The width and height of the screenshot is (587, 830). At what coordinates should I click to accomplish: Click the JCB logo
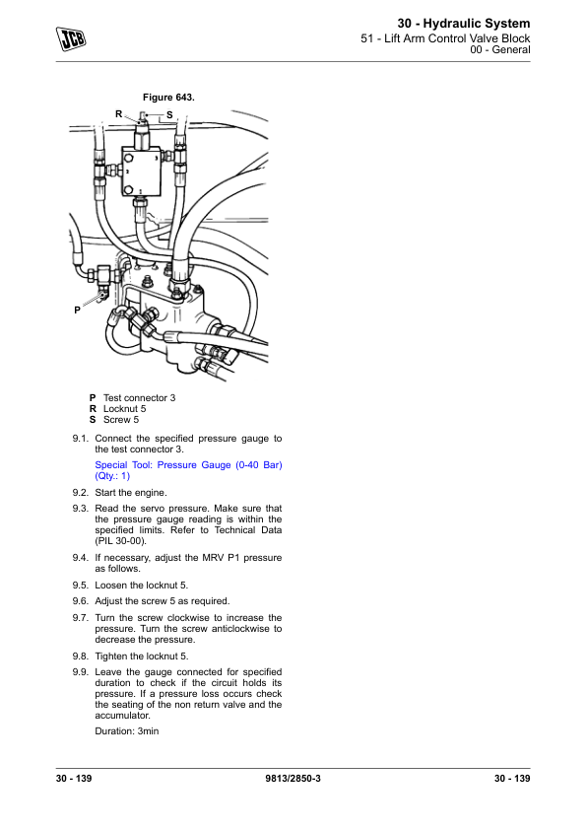click(x=71, y=38)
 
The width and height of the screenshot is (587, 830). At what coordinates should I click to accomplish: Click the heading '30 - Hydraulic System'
click(x=464, y=24)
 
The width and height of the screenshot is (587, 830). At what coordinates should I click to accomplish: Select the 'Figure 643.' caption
click(x=168, y=98)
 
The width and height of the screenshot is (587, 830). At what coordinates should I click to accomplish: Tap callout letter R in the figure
click(x=119, y=113)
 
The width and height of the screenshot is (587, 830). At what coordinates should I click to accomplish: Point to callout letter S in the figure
click(x=169, y=115)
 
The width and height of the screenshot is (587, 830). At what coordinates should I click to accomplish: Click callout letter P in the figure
click(x=77, y=311)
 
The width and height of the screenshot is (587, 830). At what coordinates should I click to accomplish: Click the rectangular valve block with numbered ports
click(x=140, y=172)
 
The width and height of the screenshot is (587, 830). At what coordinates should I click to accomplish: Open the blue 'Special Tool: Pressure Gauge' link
click(x=188, y=470)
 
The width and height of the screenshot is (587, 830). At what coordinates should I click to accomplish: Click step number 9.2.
click(x=81, y=493)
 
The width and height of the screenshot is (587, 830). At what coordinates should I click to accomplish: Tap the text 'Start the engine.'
click(x=131, y=493)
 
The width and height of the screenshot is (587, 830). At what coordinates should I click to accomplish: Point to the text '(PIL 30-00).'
click(x=120, y=541)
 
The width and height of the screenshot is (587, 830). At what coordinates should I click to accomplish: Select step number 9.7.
click(x=81, y=618)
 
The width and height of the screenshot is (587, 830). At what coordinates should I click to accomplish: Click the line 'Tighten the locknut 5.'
click(x=142, y=657)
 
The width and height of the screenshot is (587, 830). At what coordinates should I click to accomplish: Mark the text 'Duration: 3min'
click(x=127, y=731)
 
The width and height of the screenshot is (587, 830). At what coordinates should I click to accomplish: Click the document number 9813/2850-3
click(x=293, y=778)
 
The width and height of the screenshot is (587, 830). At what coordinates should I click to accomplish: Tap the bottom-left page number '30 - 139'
click(x=74, y=778)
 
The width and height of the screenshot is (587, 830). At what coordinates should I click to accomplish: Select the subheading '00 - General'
click(x=500, y=49)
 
